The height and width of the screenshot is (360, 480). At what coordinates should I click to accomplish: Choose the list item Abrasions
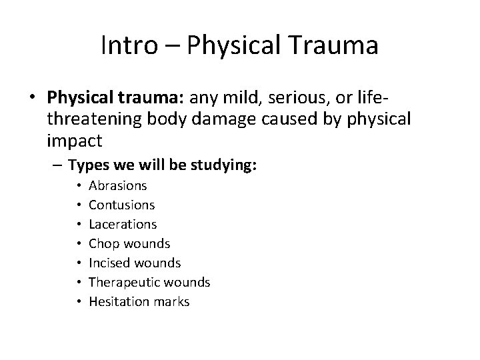click(x=118, y=186)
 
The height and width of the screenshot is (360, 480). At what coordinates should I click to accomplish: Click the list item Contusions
click(x=121, y=205)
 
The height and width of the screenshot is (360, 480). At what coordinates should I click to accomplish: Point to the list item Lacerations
click(x=123, y=225)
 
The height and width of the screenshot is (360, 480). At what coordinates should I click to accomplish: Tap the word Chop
click(x=103, y=244)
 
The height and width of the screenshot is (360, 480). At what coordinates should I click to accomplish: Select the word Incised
click(x=109, y=263)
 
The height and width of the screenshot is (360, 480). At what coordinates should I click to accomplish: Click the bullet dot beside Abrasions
click(x=79, y=186)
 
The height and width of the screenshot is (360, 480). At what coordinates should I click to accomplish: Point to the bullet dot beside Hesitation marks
click(x=79, y=302)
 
